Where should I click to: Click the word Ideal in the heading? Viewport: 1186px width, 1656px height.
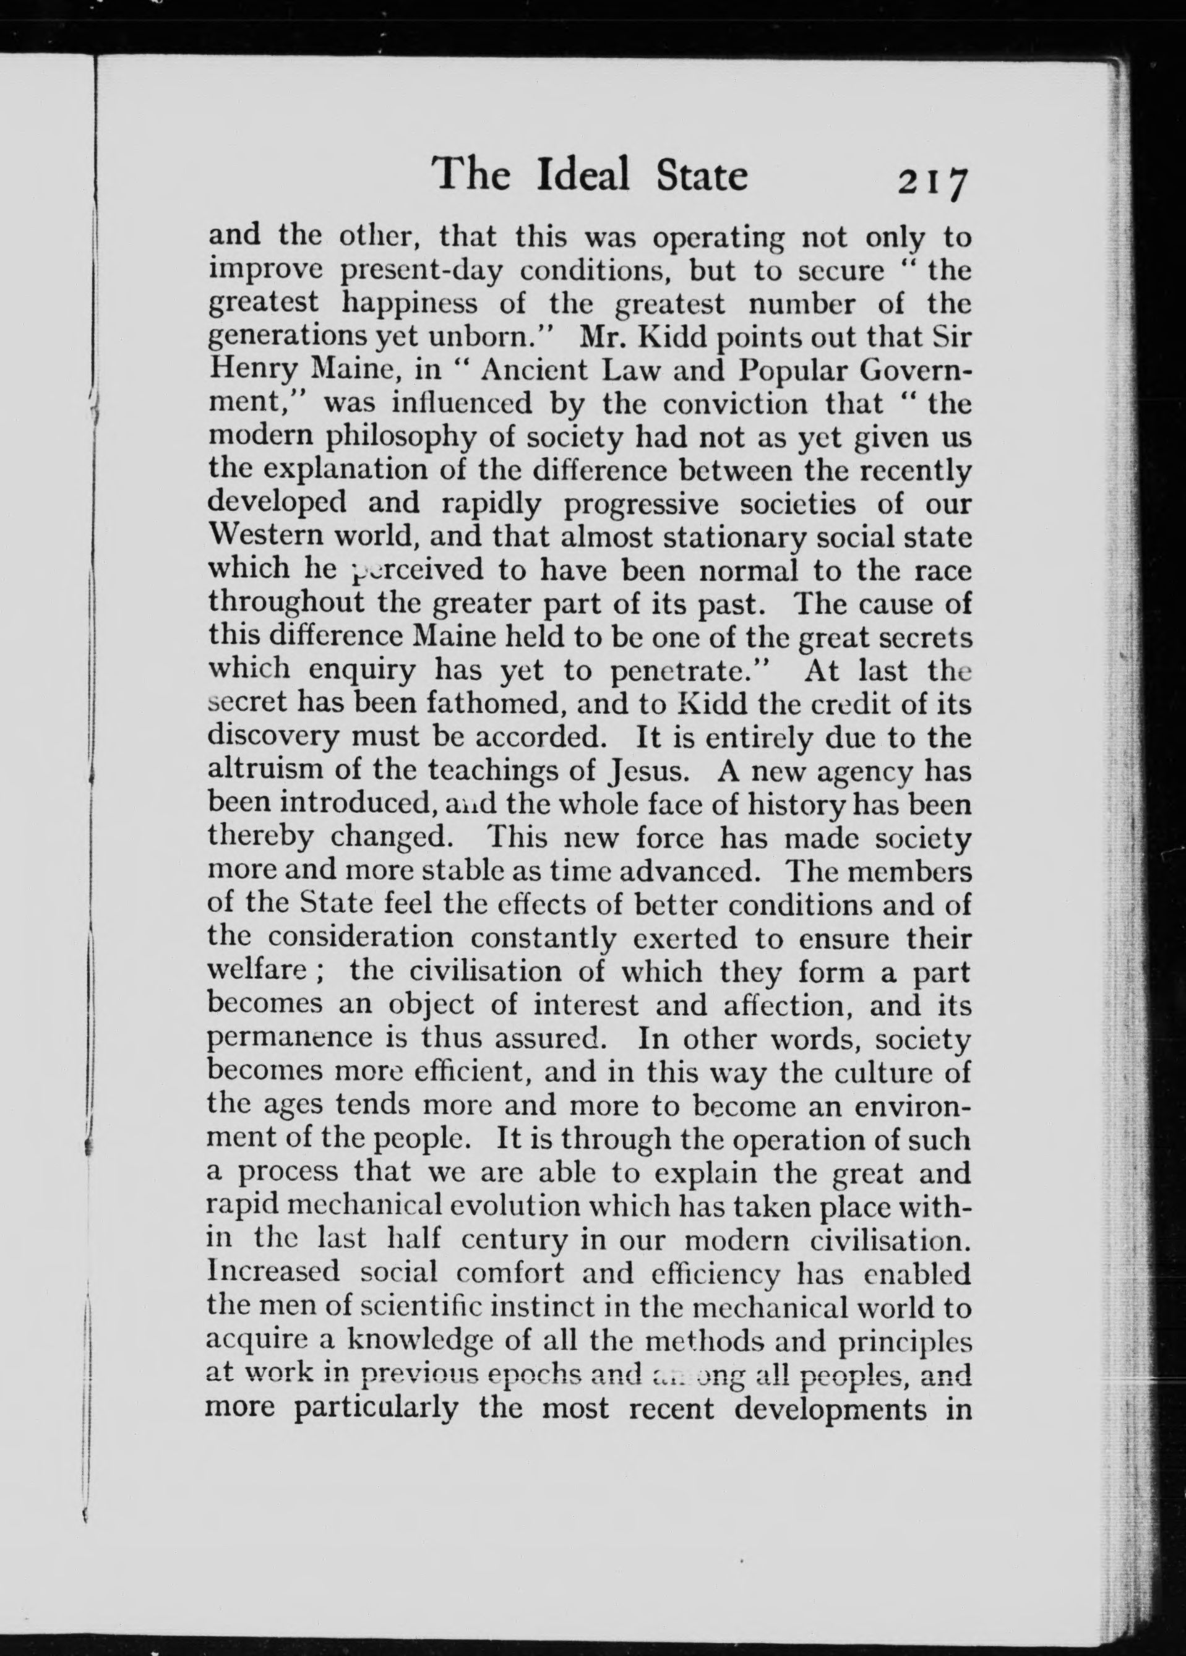pyautogui.click(x=583, y=176)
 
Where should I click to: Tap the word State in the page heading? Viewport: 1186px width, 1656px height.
pyautogui.click(x=699, y=176)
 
